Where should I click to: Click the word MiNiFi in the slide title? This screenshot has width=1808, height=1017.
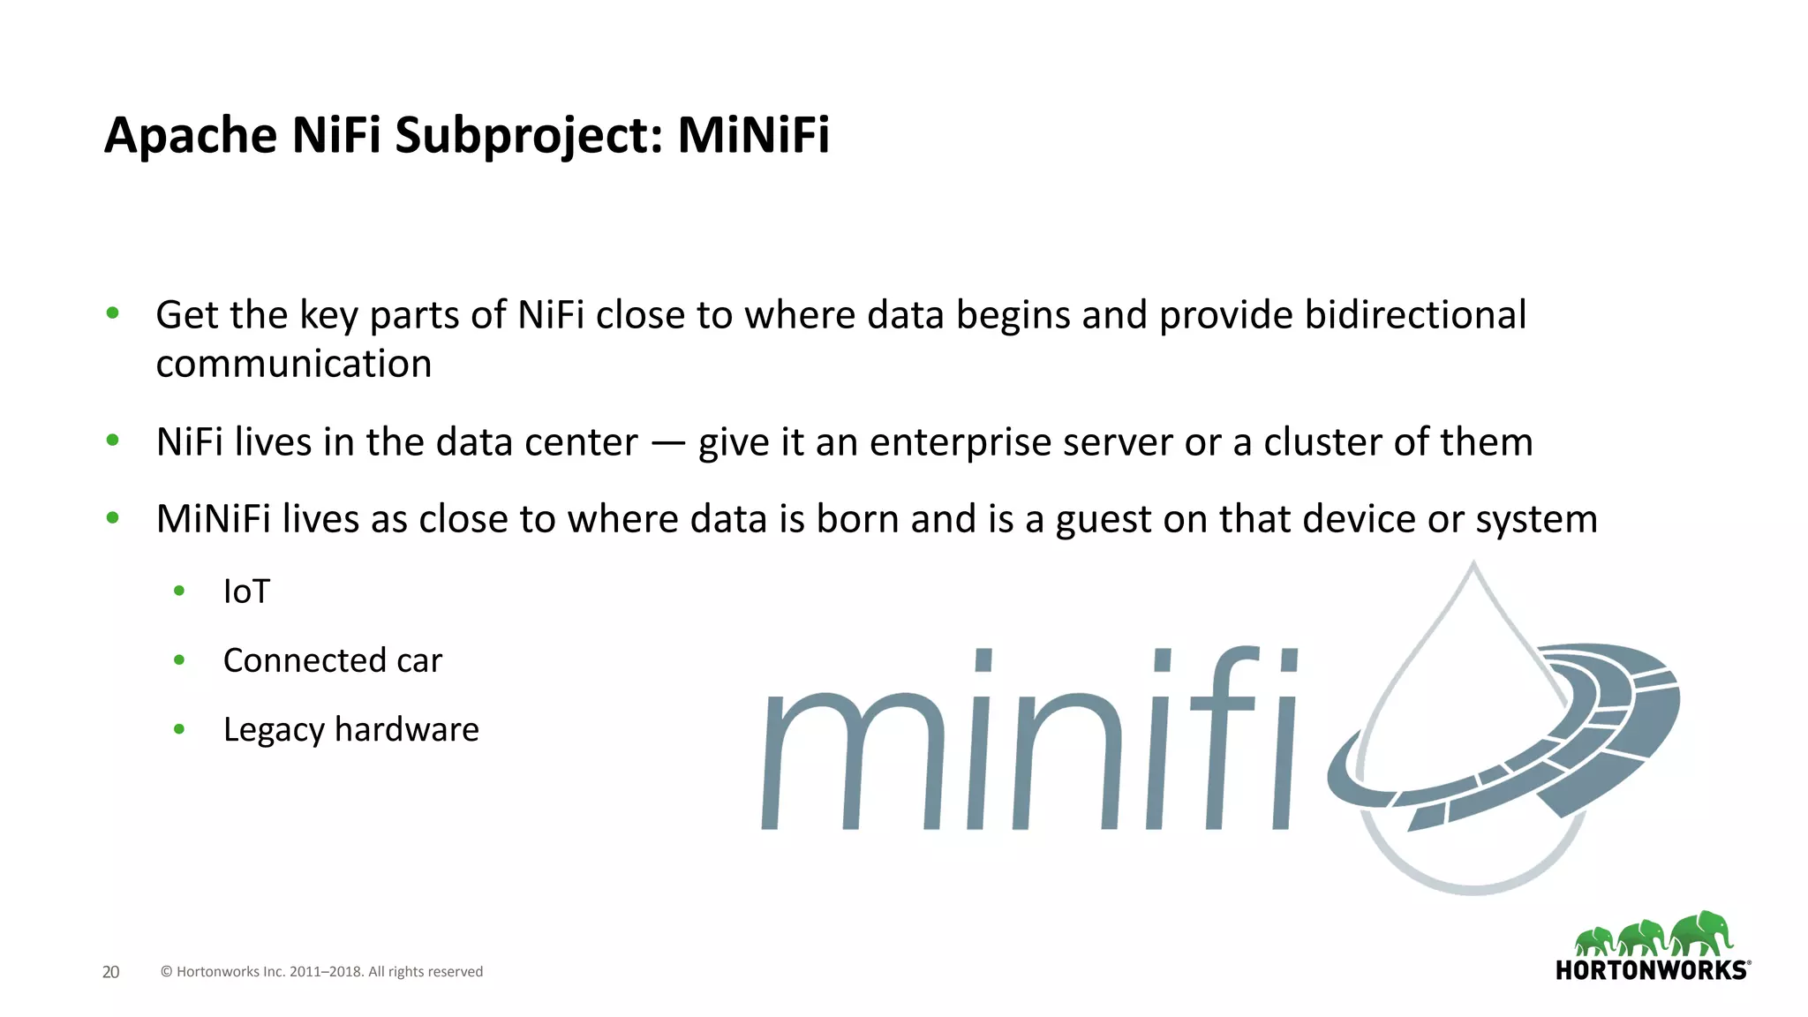coord(753,135)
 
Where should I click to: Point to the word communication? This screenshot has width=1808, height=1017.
coord(294,365)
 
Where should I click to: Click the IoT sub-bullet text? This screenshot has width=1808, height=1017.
coord(246,591)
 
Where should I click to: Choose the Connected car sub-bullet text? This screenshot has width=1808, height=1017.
coord(333,660)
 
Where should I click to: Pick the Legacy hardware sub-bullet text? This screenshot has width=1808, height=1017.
coord(350,730)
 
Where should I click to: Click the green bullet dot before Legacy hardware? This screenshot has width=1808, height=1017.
coord(179,729)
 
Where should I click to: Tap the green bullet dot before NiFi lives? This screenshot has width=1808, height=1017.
coord(112,440)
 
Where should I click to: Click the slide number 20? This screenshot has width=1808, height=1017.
coord(110,972)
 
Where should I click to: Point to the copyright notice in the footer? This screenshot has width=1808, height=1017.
coord(321,972)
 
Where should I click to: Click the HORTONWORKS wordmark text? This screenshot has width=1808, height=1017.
coord(1651,971)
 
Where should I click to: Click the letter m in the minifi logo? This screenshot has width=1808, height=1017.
coord(852,761)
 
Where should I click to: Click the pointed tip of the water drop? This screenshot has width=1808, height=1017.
coord(1473,566)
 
